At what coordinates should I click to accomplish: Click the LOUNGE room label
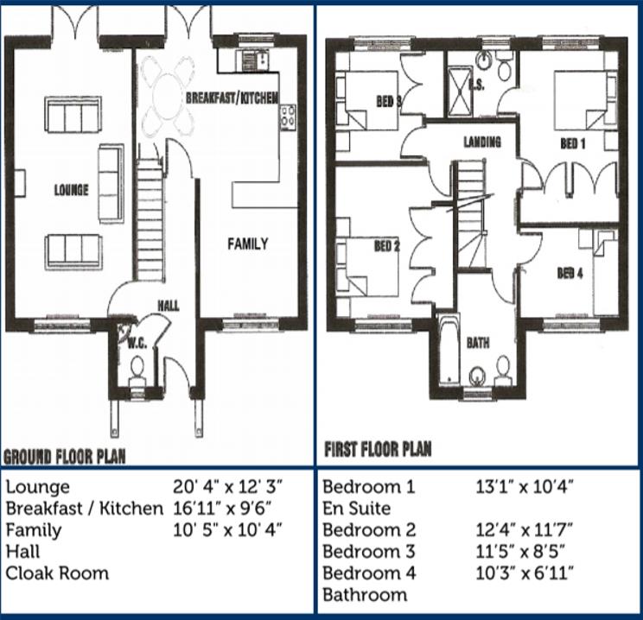coord(72,190)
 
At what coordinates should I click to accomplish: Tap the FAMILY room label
coord(248,244)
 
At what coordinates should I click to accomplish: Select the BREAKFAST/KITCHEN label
coord(232,98)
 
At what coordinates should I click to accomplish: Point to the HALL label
coord(169,306)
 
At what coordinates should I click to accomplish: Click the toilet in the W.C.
coord(137,370)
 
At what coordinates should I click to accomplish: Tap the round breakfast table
coord(169,96)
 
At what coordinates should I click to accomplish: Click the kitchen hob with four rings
coord(288,117)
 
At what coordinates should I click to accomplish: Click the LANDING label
coord(482,142)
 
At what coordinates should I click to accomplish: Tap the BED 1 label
coord(572,143)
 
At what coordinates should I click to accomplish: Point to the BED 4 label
coord(570,274)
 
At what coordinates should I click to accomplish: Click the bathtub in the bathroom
coord(449,349)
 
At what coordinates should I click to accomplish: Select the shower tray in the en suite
coord(459,91)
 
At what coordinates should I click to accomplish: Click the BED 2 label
coord(386,246)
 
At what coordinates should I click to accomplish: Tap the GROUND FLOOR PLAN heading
coord(64,457)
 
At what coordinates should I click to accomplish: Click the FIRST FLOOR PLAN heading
coord(378,449)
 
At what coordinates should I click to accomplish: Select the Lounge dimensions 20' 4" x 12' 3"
coord(227,487)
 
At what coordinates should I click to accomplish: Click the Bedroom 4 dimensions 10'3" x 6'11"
coord(525,573)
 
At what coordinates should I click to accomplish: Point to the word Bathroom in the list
coord(365,595)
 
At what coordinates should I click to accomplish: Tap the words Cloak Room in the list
coord(57,573)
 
